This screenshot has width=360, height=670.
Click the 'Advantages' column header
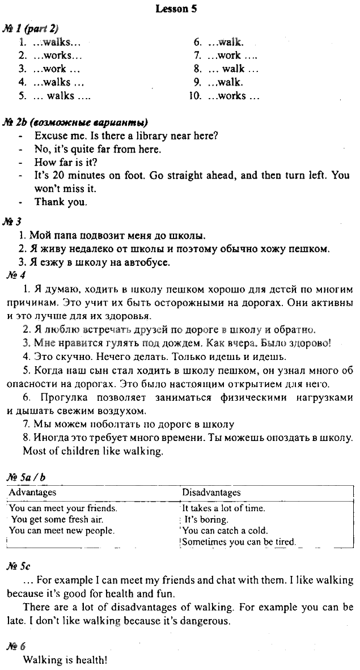point(33,492)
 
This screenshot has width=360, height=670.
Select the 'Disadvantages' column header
point(211,492)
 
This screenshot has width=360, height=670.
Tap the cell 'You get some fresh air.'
point(57,519)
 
